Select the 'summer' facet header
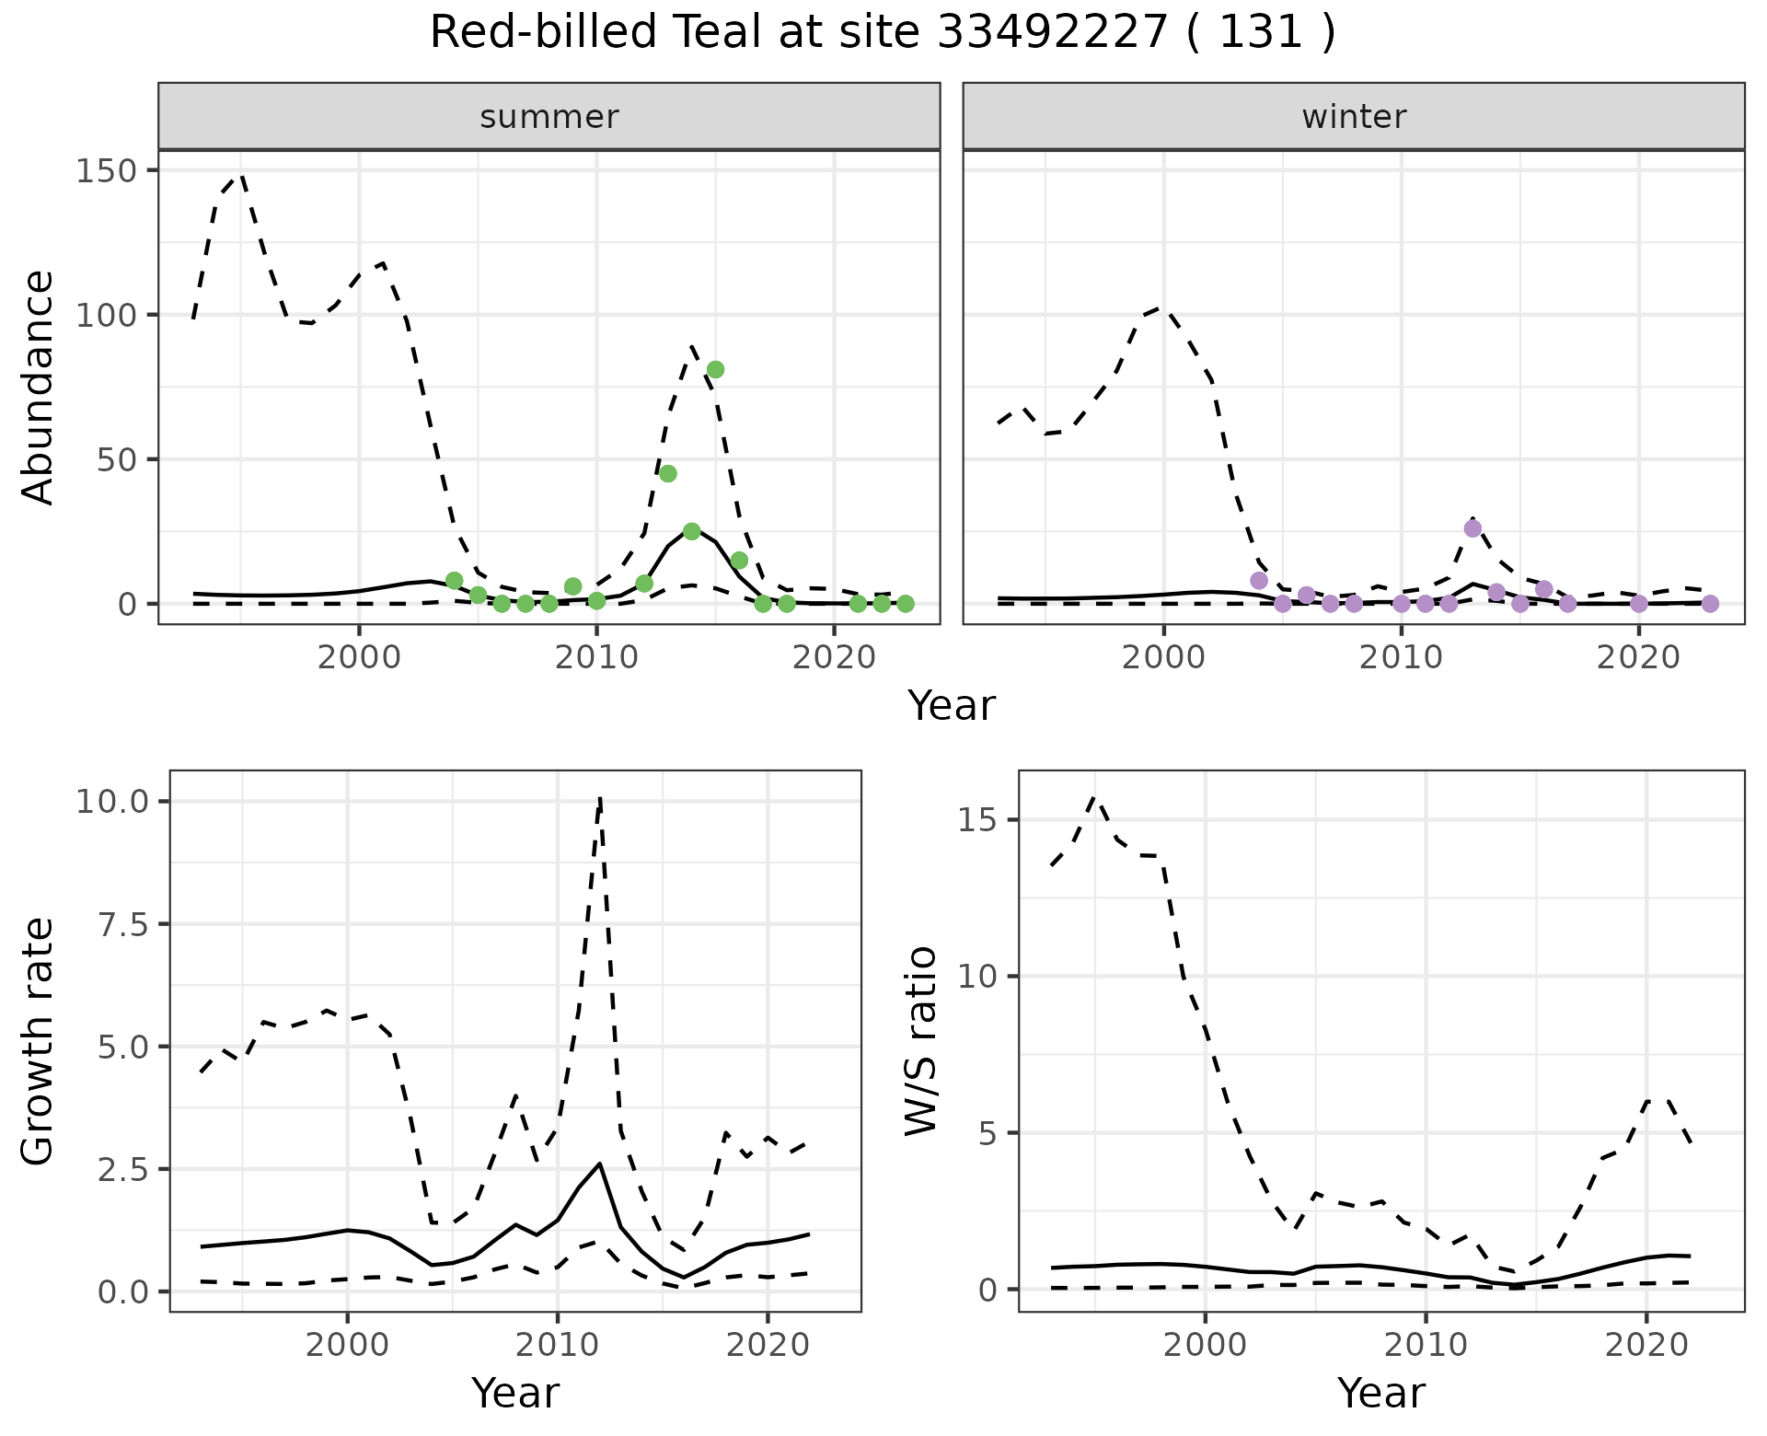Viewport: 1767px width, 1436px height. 549,117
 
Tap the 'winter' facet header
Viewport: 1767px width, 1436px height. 1353,117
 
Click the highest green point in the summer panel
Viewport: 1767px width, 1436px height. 715,370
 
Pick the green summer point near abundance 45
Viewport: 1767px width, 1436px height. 668,473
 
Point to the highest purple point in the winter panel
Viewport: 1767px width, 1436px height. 1472,528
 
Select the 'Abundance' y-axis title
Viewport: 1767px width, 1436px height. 39,387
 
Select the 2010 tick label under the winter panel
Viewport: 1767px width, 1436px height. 1401,659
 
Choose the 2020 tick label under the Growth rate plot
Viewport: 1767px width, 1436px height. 768,1345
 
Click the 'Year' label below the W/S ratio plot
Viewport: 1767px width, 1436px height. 1380,1394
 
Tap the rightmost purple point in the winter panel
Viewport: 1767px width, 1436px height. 1710,604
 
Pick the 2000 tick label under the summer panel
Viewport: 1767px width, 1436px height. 359,659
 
